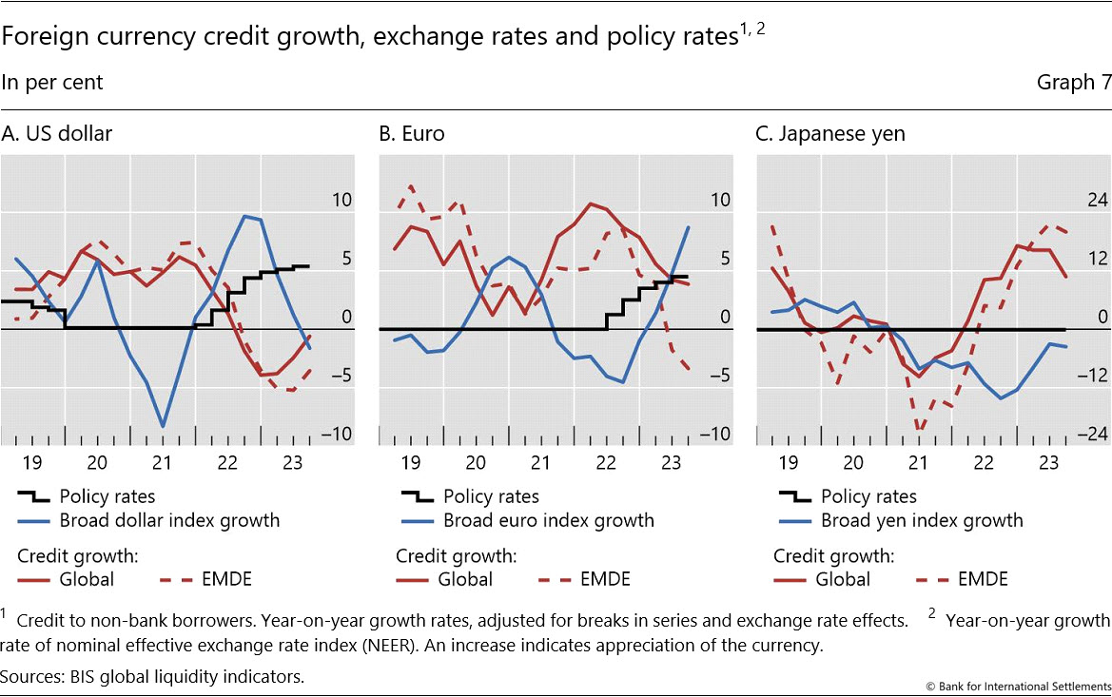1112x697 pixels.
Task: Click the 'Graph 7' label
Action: click(x=1074, y=83)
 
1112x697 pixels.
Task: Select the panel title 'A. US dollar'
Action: click(x=57, y=134)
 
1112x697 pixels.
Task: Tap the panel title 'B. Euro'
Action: click(x=412, y=134)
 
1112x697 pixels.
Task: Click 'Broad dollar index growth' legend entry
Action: click(x=169, y=520)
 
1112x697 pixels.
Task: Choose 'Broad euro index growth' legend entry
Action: click(x=549, y=520)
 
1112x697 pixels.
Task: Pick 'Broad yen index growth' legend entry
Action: click(x=922, y=520)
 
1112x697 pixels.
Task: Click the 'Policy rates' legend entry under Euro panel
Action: click(x=491, y=496)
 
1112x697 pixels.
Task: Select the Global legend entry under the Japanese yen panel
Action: click(x=843, y=579)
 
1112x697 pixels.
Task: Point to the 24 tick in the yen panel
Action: click(x=1096, y=201)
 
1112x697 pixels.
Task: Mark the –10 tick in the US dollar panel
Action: click(x=337, y=435)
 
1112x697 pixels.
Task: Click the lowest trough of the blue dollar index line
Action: click(x=164, y=426)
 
